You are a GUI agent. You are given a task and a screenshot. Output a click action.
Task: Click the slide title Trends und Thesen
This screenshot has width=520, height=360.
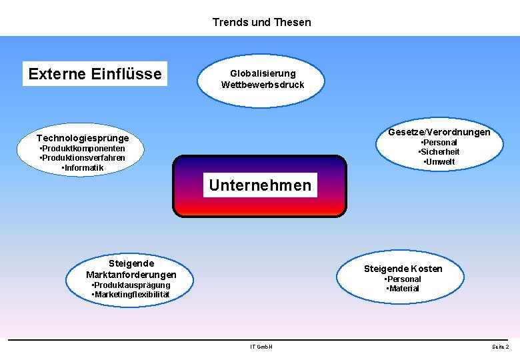(x=261, y=22)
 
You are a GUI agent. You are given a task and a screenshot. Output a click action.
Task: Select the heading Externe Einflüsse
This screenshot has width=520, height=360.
(x=95, y=73)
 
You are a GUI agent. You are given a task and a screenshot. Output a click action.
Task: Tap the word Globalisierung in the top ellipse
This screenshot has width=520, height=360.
(x=263, y=73)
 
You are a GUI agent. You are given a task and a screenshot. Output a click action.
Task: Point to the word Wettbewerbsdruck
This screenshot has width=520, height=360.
(x=263, y=85)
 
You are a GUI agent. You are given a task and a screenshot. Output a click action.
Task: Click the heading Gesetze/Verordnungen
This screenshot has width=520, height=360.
(x=439, y=132)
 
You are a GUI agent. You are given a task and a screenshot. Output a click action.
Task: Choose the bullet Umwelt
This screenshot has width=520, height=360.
(x=440, y=162)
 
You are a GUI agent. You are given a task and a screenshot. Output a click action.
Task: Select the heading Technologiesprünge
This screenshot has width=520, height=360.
(x=83, y=138)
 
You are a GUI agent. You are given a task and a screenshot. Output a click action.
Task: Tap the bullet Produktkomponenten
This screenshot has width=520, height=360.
(x=83, y=148)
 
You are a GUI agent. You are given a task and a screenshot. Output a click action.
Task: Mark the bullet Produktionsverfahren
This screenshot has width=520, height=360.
(x=83, y=158)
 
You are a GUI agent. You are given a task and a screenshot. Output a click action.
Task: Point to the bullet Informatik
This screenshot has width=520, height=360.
(x=83, y=168)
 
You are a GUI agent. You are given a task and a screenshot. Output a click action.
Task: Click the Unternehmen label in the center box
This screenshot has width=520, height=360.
(x=260, y=185)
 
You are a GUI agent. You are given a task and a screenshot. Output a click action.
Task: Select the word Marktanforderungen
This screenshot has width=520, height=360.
(x=131, y=275)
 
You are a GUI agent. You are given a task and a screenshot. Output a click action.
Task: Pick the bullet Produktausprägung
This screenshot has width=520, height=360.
(x=131, y=285)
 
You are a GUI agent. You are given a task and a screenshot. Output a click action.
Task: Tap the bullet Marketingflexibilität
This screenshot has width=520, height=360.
(x=131, y=295)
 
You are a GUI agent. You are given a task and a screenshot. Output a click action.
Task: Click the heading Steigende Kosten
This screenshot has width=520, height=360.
(x=403, y=269)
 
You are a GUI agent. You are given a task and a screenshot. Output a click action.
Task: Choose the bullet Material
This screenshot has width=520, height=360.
(x=403, y=289)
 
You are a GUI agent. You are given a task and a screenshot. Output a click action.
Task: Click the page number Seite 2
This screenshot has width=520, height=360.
(x=500, y=347)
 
